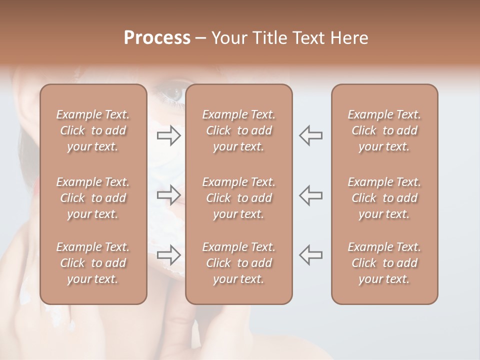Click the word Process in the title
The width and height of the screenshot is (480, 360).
157,38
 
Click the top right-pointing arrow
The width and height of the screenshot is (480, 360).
169,135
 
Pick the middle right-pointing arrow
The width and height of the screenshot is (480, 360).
169,195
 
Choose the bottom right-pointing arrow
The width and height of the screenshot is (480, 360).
169,255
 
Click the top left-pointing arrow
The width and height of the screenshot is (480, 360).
310,135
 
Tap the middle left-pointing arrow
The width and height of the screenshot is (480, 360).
310,195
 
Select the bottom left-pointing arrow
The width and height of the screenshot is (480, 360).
310,255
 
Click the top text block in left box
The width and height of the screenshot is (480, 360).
93,130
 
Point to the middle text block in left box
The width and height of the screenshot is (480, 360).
93,198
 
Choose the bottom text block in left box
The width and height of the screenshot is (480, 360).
93,263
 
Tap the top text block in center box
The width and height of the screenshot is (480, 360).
238,130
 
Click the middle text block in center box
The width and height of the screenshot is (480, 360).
238,198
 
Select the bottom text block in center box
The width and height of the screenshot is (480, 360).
238,263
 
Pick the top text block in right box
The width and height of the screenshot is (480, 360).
384,130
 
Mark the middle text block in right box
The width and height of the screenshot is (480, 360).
384,198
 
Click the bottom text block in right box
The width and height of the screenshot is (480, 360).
384,263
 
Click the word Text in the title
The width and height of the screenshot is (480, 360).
309,38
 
